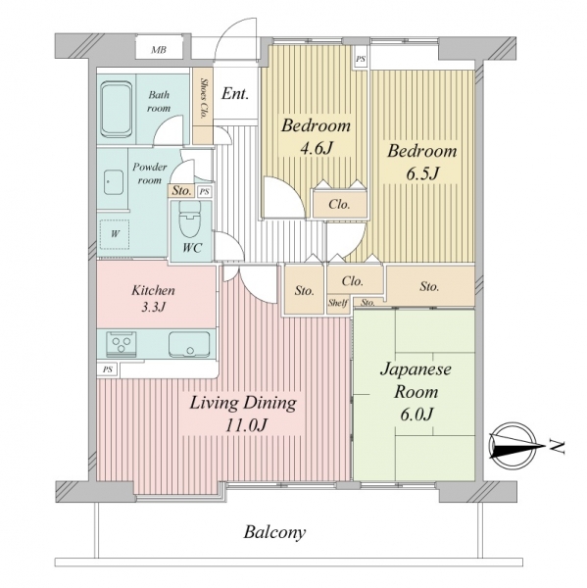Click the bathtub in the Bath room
(117, 109)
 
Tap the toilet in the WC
(190, 220)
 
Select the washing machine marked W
(115, 234)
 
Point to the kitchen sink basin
(189, 344)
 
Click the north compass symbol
(514, 446)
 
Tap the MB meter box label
(159, 50)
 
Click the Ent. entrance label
(235, 93)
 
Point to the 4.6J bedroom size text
(316, 149)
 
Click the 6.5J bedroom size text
(422, 173)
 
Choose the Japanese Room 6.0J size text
(416, 415)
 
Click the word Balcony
(275, 532)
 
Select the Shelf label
(337, 303)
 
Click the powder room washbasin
(114, 182)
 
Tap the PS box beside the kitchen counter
(108, 369)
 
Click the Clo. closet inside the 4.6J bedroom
(339, 204)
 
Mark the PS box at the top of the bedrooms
(361, 60)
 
